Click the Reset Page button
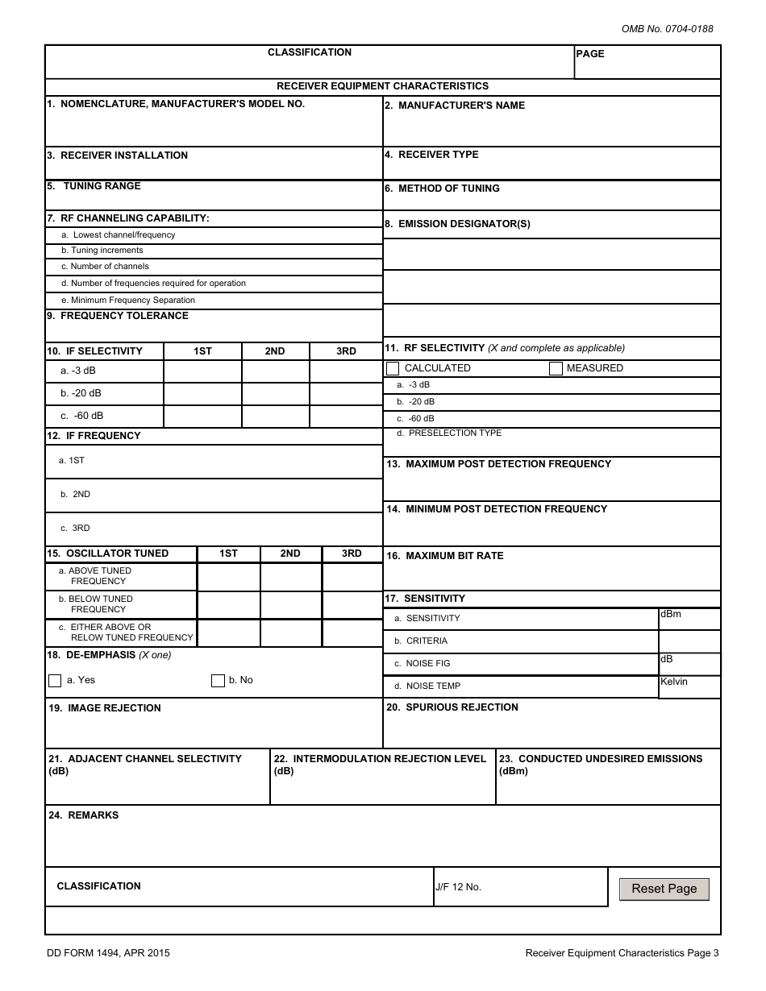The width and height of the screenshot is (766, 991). (x=664, y=889)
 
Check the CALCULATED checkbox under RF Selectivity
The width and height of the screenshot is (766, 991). (x=393, y=368)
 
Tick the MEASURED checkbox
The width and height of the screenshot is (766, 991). (x=556, y=368)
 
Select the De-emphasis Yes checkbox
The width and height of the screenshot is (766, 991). (x=55, y=681)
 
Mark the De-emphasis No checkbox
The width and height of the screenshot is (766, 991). (x=218, y=681)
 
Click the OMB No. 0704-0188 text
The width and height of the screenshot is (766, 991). (x=667, y=29)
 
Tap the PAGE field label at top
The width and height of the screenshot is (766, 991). (x=590, y=54)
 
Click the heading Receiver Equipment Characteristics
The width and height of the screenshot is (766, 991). (x=382, y=86)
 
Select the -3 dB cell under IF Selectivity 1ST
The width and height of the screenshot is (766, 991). (x=202, y=371)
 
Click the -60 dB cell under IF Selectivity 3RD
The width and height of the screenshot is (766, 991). (x=345, y=417)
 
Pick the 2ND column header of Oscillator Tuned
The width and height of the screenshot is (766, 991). (x=290, y=554)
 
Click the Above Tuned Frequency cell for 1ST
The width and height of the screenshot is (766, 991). (x=228, y=577)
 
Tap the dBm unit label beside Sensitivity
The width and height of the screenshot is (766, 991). (x=671, y=614)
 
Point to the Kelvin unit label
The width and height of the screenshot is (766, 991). (x=674, y=682)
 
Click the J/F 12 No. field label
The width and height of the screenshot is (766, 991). (x=458, y=887)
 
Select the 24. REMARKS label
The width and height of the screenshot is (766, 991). (x=84, y=815)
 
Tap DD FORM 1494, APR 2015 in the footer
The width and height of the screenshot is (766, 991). (x=108, y=953)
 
